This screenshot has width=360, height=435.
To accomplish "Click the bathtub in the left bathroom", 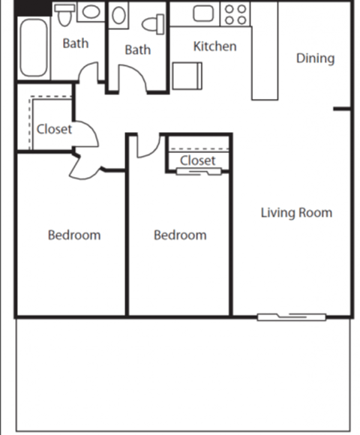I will (x=34, y=47).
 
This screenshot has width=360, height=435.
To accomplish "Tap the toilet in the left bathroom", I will (x=64, y=13).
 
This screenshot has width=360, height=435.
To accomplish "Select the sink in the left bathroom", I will (x=91, y=12).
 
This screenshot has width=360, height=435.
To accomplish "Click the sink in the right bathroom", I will (x=120, y=17).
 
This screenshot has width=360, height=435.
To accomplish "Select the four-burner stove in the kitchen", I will (x=236, y=14).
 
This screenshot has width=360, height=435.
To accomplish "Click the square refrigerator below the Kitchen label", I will (x=187, y=76).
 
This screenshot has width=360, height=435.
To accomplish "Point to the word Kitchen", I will (x=214, y=46).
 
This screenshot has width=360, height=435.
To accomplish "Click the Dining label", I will (x=314, y=58).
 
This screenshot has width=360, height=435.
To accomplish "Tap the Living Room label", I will (x=296, y=212).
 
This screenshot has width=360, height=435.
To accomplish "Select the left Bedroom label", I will (x=74, y=235).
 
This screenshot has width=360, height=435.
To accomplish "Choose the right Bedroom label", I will (x=180, y=235).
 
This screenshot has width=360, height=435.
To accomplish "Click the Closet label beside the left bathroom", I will (x=54, y=129).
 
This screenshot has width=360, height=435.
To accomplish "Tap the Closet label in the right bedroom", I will (x=198, y=160).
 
